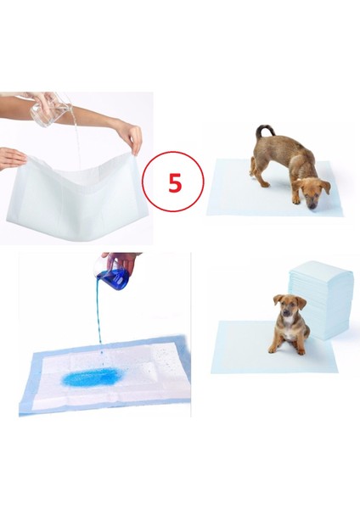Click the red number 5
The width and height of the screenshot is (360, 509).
point(174,182)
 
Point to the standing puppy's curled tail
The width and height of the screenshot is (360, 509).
point(263,131)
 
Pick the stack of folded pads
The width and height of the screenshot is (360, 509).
point(321,299)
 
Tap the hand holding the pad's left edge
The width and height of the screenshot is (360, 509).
point(12,158)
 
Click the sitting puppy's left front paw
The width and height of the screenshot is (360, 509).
point(273,350)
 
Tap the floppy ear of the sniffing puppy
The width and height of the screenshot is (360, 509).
point(325,187)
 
